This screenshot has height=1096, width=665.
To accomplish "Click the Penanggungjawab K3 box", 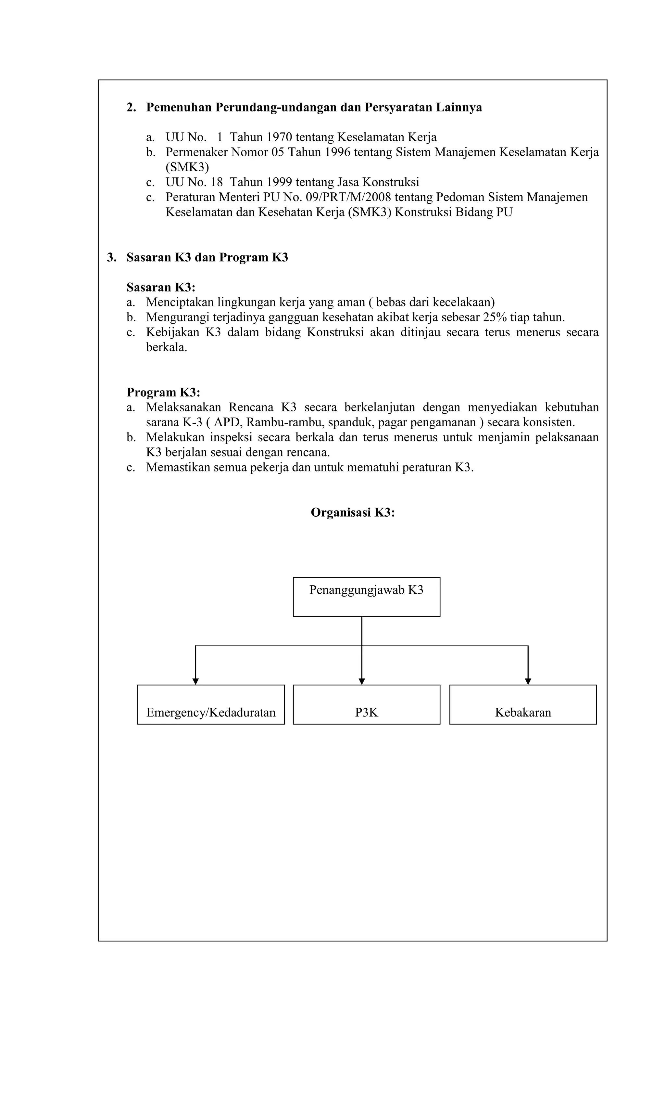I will (x=366, y=597).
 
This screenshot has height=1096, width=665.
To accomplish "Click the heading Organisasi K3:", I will (x=353, y=512).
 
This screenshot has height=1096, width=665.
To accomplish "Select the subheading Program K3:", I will (x=163, y=392).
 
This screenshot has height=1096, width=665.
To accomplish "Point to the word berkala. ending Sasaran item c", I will (x=167, y=347).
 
